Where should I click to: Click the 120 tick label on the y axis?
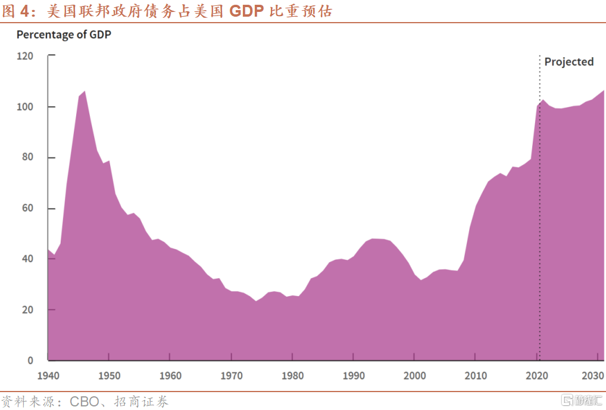pyautogui.click(x=25, y=56)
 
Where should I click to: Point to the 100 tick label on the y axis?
pyautogui.click(x=25, y=107)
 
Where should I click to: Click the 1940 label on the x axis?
pyautogui.click(x=48, y=376)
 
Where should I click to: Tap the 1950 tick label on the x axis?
pyautogui.click(x=108, y=376)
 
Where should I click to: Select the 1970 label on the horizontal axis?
pyautogui.click(x=231, y=376)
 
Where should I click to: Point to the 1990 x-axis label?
pyautogui.click(x=354, y=376)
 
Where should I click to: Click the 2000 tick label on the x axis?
pyautogui.click(x=415, y=376)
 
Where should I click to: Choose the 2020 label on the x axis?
pyautogui.click(x=537, y=376)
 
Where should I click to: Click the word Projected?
pyautogui.click(x=569, y=62)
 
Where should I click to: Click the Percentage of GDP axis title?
pyautogui.click(x=64, y=35)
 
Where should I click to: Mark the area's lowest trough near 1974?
pyautogui.click(x=256, y=301)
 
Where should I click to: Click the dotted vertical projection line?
pyautogui.click(x=539, y=209)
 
